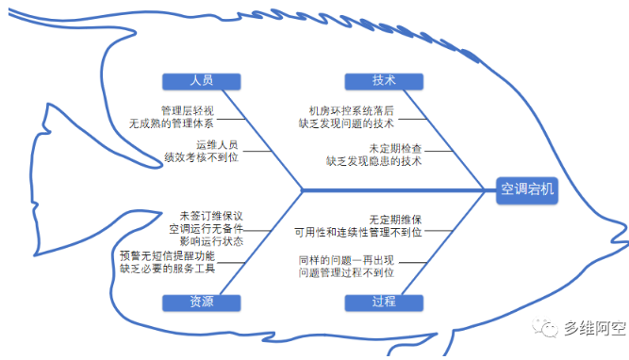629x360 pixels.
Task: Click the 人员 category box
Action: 201,81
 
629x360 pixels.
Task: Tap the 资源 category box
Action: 201,302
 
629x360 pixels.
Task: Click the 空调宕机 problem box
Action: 528,190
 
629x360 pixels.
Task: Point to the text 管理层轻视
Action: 188,109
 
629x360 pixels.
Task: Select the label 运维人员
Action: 217,146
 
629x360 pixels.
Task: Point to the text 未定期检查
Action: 395,148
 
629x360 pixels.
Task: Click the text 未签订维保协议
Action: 211,215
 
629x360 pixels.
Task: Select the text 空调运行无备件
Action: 207,228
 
